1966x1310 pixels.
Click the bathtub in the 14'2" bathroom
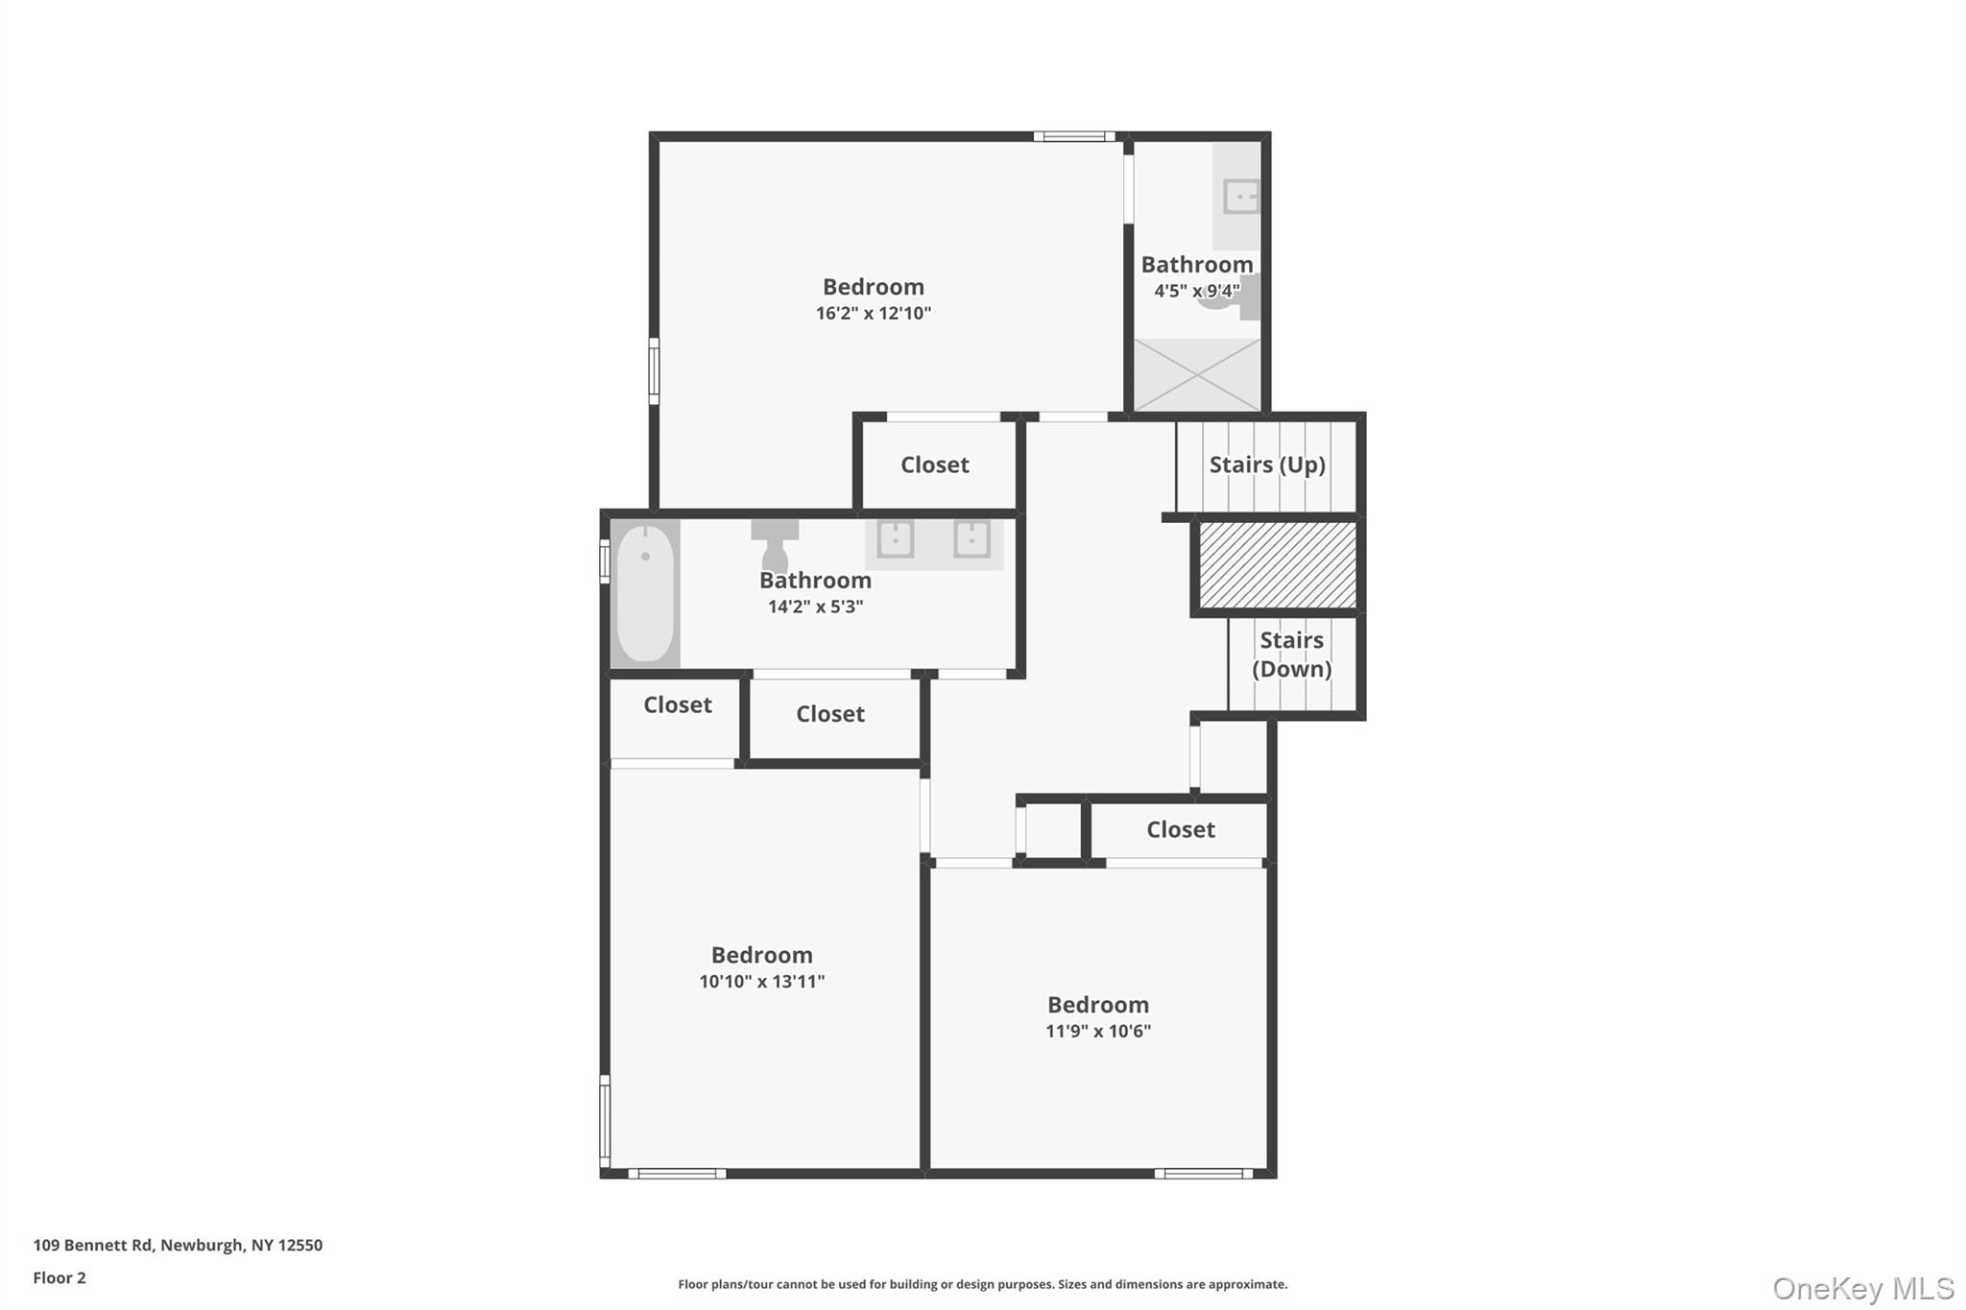tap(645, 593)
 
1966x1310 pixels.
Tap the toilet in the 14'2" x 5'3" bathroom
tap(775, 546)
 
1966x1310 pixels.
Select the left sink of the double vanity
tap(896, 539)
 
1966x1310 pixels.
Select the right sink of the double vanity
tap(971, 539)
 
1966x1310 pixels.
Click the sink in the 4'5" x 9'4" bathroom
tap(1240, 197)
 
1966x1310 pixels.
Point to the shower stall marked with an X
tap(1197, 375)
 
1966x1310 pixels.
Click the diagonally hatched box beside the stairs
tap(1278, 564)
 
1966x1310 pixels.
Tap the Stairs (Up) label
tap(1267, 464)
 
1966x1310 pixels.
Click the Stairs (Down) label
tap(1291, 655)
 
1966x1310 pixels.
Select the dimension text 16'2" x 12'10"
tap(874, 313)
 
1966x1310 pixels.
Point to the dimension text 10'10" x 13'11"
tap(762, 981)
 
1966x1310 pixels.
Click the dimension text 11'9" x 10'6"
tap(1098, 1031)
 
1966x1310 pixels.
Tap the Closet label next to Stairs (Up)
tap(935, 464)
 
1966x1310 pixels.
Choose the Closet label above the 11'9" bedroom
tap(1181, 829)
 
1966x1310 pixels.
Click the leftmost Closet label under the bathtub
tap(678, 704)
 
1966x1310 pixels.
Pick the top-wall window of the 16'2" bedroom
tap(1074, 136)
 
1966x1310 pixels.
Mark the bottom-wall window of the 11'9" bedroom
tap(1204, 1173)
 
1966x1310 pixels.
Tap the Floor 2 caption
tap(60, 1277)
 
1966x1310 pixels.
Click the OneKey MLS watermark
tap(1863, 1288)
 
